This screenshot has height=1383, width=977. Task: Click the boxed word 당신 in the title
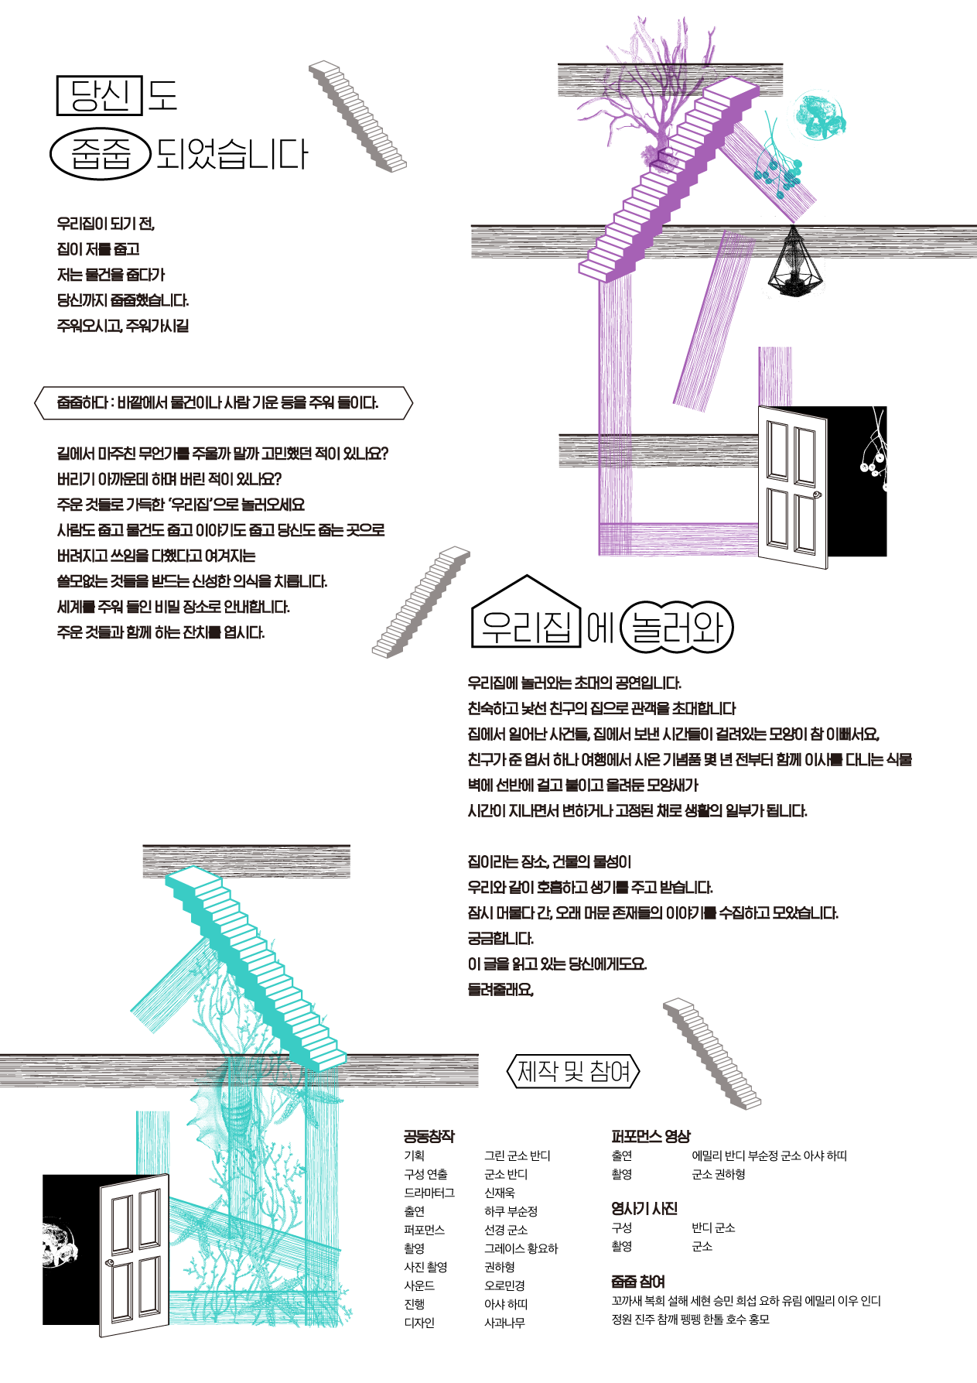coord(100,95)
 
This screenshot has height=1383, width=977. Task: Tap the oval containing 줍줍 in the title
coord(100,153)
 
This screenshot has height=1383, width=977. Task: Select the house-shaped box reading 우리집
coord(526,611)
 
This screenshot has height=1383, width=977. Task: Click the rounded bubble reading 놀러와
coord(677,626)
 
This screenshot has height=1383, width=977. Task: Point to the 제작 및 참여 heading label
coord(573,1071)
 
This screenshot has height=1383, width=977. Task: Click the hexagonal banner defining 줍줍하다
coord(224,402)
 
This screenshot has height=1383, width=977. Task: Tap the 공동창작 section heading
coord(429,1136)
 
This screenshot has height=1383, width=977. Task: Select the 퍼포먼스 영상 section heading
coord(651,1136)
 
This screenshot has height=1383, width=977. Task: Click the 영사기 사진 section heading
coord(644,1208)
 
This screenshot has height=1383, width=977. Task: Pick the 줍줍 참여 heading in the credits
coord(638,1282)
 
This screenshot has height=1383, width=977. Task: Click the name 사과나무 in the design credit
coord(504,1323)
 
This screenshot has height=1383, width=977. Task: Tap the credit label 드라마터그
coord(429,1193)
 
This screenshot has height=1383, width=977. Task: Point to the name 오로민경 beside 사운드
coord(504,1285)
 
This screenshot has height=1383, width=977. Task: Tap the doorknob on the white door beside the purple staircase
coord(816,493)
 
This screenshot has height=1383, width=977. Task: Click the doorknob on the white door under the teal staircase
coord(109,1262)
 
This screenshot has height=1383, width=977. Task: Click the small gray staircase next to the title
coord(357,116)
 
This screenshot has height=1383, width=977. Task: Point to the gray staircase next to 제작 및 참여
coord(712,1053)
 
